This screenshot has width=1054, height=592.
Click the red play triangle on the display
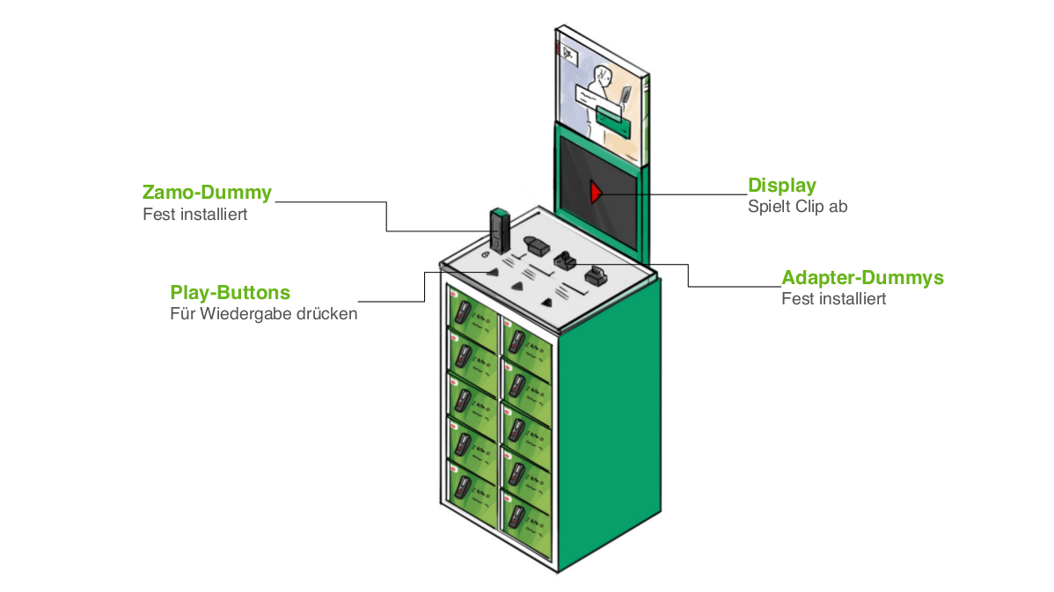point(596,191)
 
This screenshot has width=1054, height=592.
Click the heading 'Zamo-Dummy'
point(207,192)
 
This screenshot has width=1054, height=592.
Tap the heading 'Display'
point(782,186)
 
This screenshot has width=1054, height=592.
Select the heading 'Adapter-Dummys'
point(862,278)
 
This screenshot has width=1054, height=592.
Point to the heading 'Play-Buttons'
point(230,292)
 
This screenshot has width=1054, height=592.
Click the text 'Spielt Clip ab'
point(797,207)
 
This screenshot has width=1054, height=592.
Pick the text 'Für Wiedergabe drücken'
point(264,313)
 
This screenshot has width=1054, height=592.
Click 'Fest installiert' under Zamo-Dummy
point(195,214)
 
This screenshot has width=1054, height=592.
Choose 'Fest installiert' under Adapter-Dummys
point(834,299)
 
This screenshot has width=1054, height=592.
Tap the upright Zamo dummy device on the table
point(499,231)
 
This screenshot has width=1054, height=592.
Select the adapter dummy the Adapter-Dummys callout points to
point(564,260)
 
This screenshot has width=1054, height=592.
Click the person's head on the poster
point(605,77)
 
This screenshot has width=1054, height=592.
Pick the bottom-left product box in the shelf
point(472,485)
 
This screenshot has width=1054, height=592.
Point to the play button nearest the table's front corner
point(550,302)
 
